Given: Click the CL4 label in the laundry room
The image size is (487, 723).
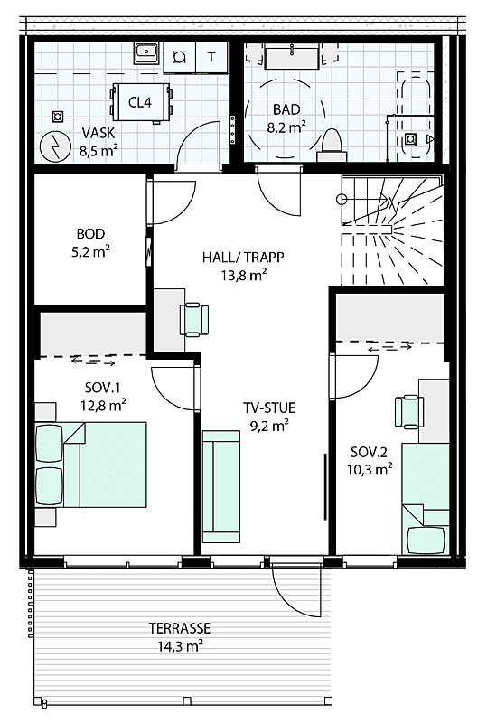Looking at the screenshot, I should [x=139, y=101].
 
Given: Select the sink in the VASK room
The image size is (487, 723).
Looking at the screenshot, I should [x=145, y=54].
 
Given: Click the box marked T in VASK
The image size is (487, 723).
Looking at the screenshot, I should [x=211, y=56].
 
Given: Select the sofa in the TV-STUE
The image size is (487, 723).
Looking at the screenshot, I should [x=220, y=486].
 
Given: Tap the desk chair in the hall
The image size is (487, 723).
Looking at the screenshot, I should [x=193, y=318].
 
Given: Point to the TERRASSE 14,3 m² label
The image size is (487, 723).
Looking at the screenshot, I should [x=180, y=635].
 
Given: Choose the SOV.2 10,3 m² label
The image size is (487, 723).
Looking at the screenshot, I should [x=370, y=460].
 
